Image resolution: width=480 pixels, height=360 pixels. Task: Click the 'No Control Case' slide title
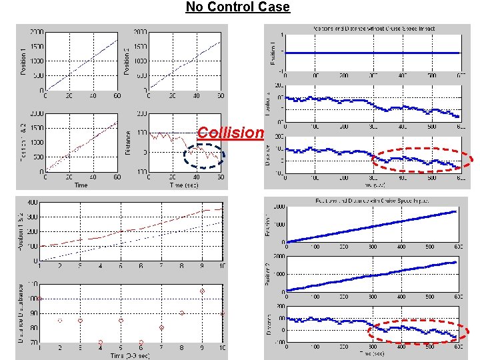click(237, 7)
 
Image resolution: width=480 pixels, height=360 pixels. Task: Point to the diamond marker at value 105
click(202, 291)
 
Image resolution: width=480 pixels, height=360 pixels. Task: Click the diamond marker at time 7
click(161, 328)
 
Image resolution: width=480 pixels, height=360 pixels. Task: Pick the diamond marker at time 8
click(182, 313)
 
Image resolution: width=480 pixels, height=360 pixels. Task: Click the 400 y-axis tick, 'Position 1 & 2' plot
click(31, 202)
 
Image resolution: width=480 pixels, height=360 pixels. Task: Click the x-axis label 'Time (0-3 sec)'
click(131, 355)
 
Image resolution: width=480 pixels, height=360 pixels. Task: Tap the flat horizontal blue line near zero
click(372, 52)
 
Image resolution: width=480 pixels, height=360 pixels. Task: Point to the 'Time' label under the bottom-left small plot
click(81, 185)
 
